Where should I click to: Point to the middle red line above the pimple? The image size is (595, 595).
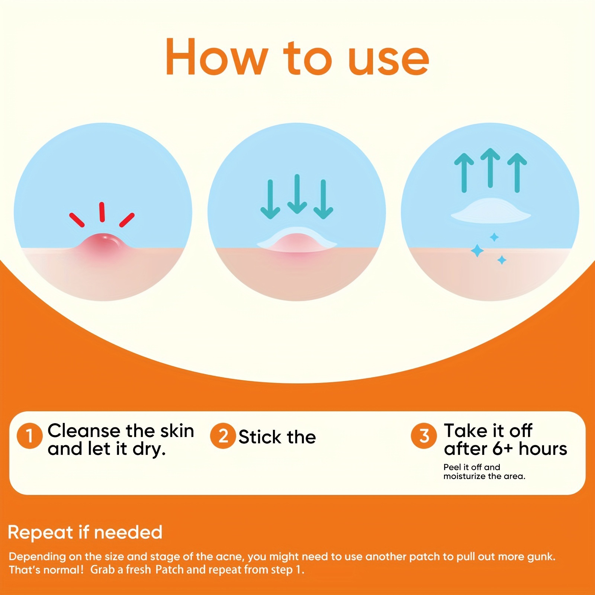pos(102,212)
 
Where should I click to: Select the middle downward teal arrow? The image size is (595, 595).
pos(297,194)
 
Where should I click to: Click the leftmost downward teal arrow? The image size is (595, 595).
pos(270,199)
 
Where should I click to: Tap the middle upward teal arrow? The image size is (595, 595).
pos(491,168)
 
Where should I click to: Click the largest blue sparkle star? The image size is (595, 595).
pos(477,251)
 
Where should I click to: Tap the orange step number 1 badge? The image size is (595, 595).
pos(29,436)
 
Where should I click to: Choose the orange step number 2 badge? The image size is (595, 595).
pos(223,436)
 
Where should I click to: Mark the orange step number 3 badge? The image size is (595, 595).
pos(424,436)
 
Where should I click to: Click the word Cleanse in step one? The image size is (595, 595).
pos(84,431)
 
